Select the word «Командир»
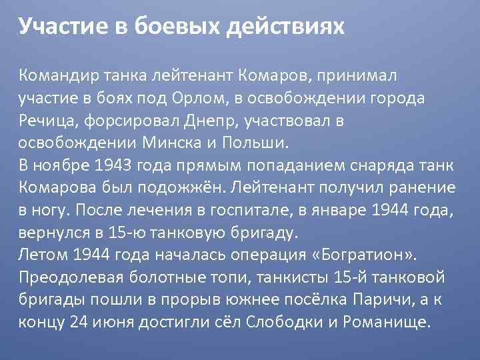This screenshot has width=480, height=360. coord(57,75)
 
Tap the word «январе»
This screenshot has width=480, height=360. coord(375,211)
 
